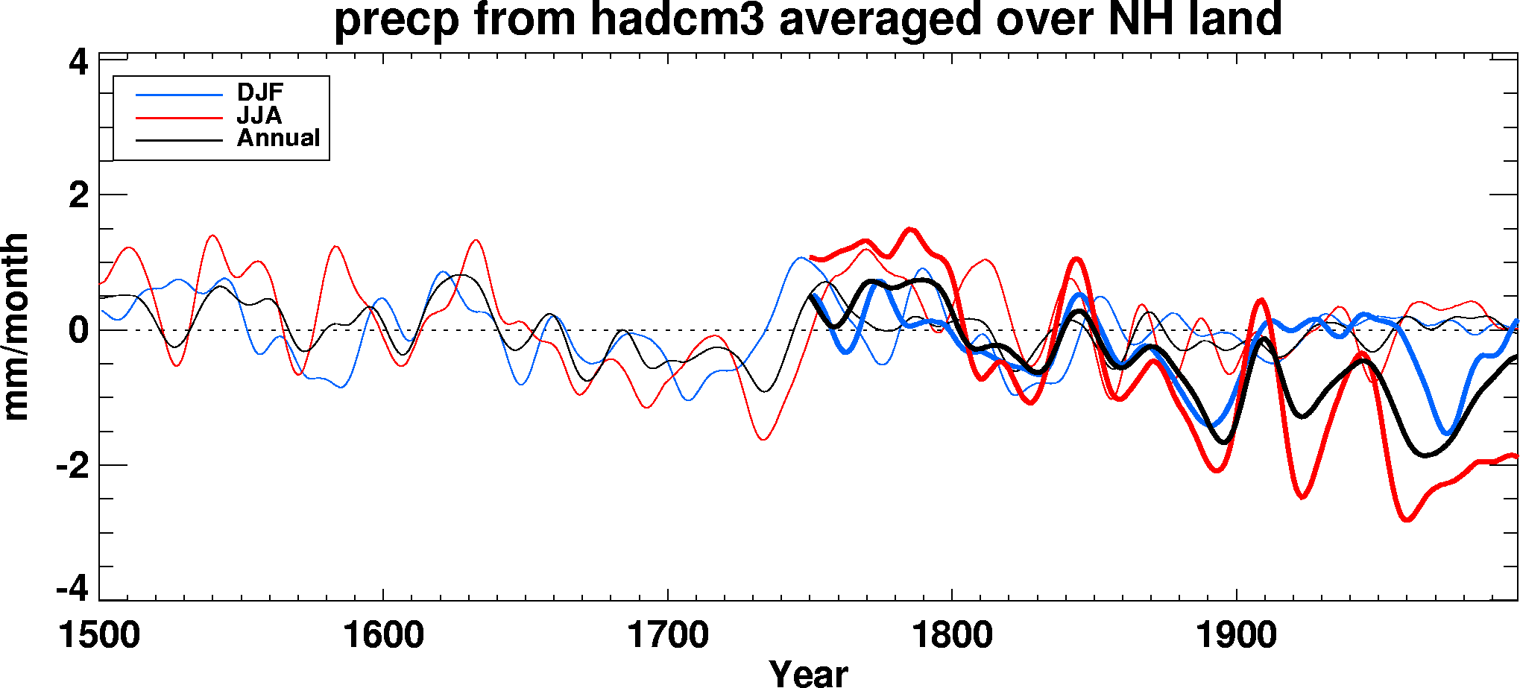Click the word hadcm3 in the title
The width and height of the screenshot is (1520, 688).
click(678, 19)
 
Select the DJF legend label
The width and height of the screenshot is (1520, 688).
click(260, 92)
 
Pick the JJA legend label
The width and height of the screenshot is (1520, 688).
click(259, 116)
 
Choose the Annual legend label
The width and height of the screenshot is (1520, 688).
click(278, 138)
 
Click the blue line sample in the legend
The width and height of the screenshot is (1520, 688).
click(179, 95)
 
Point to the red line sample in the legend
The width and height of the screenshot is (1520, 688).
click(179, 118)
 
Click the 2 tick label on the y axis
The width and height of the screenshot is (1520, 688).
click(78, 196)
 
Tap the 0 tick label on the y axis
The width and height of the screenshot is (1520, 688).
click(78, 330)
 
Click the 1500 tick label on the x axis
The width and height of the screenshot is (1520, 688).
click(99, 636)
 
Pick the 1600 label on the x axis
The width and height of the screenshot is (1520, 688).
click(383, 636)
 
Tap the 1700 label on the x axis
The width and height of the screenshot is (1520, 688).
click(668, 636)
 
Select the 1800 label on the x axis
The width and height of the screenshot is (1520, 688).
click(952, 636)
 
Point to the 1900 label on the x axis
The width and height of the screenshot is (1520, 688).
click(1237, 636)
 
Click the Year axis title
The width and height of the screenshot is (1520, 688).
click(809, 673)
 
